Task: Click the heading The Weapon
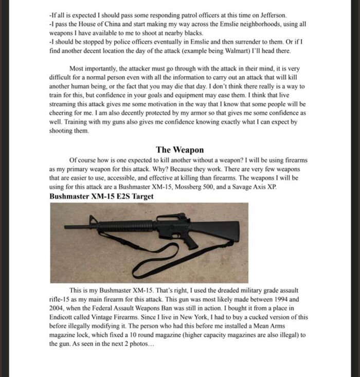tap(179, 150)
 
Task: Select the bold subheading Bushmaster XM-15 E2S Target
tap(101, 196)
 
